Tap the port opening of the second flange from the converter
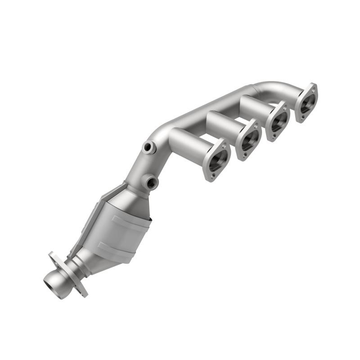(248, 141)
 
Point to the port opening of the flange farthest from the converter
(306, 103)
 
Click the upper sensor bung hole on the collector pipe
(148, 147)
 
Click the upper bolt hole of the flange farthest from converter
(312, 88)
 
